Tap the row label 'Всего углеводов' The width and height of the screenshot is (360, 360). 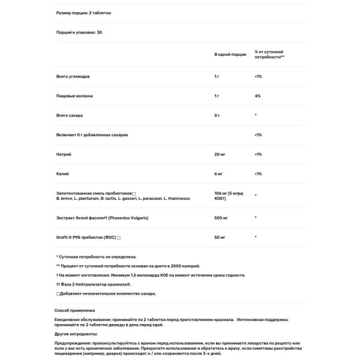pos(72,76)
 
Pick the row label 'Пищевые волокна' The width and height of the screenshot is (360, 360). pos(74,95)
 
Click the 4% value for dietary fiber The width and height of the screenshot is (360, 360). pos(257,95)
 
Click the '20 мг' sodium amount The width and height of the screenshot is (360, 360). pos(220,154)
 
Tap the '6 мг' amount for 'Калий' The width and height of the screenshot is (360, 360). pos(218,174)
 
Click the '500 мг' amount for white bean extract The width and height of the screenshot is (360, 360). pos(221,217)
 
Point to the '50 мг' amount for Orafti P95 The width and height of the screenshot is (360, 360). pos(220,238)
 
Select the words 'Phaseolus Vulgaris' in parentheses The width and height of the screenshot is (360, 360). pos(144,217)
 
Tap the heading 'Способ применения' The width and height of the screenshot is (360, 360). pos(74,311)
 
